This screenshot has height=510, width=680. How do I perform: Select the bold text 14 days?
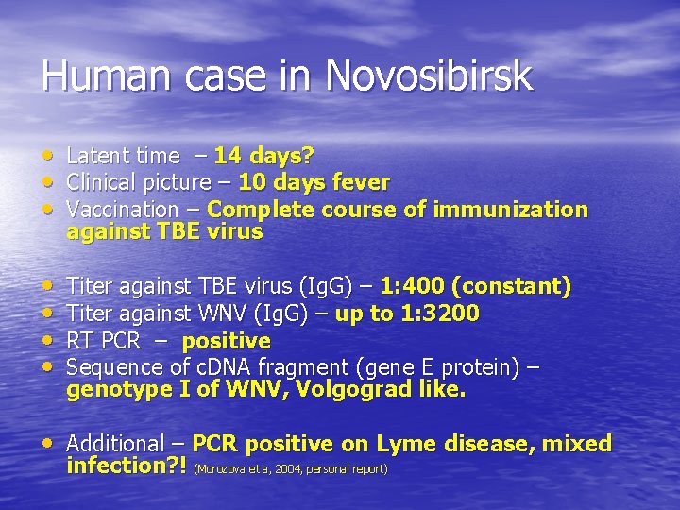[x=263, y=156]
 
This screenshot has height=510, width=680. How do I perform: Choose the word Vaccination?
[x=123, y=209]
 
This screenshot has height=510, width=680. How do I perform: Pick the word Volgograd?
[x=348, y=389]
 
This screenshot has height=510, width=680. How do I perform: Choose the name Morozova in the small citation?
[x=217, y=468]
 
